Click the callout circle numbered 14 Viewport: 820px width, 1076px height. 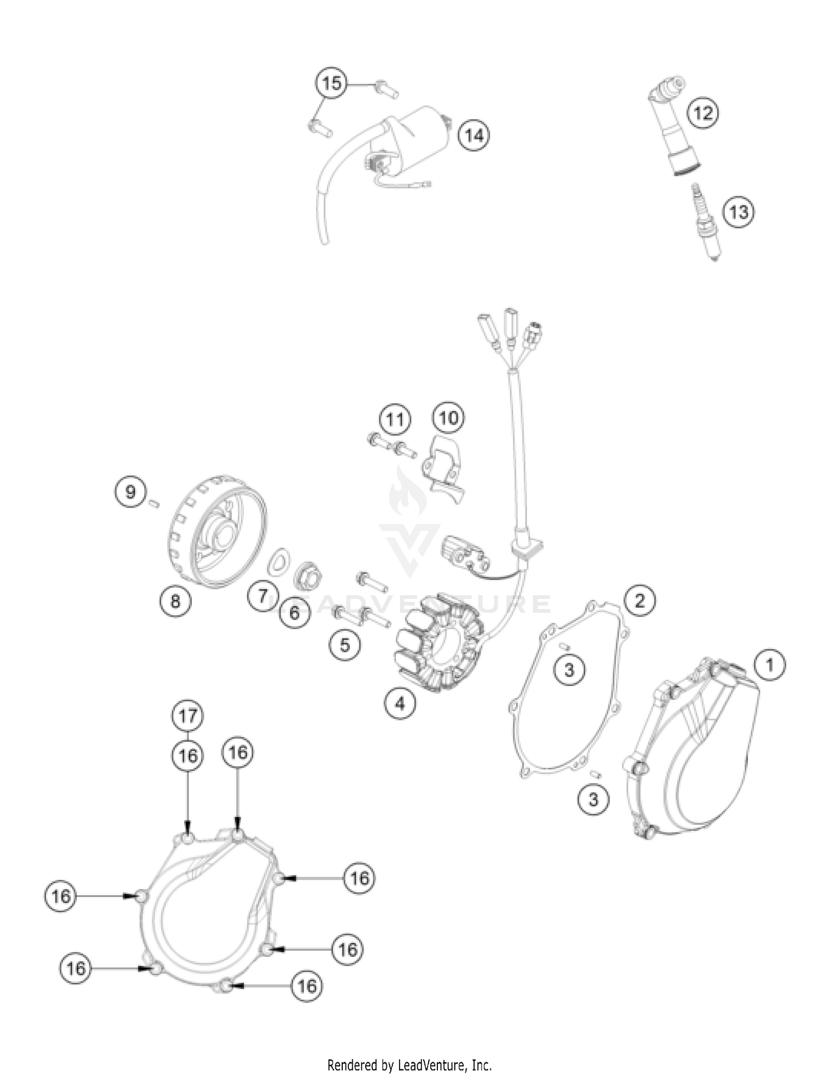pos(474,135)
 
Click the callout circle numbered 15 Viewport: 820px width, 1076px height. pos(331,84)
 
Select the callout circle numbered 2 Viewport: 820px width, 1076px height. pos(639,601)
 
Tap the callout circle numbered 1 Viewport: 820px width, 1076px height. pos(770,665)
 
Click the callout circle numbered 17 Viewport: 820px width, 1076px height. pos(188,716)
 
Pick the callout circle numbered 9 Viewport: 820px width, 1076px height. pos(130,492)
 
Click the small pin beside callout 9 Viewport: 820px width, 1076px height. pos(154,504)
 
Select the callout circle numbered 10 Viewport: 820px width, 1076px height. pos(448,418)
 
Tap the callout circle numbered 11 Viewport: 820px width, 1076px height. pos(395,420)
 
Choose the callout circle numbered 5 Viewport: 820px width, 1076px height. pos(344,644)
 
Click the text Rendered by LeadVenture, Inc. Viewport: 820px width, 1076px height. pos(409,1065)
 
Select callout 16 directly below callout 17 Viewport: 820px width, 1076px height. pos(188,756)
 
